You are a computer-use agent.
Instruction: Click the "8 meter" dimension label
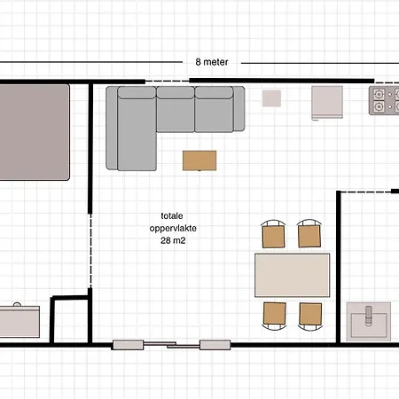point(212,62)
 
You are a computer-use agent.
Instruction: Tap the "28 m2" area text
point(173,240)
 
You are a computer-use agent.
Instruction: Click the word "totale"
point(172,215)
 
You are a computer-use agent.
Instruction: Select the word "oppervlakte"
point(173,228)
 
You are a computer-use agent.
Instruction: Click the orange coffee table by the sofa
point(199,160)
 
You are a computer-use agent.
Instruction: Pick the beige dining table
point(293,275)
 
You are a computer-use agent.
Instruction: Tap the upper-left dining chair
point(273,234)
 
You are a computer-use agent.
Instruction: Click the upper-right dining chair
point(309,233)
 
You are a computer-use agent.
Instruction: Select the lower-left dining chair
point(275,316)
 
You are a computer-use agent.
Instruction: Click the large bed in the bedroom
point(35,132)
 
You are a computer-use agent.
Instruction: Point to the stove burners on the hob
point(384,100)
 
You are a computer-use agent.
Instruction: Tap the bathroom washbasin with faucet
point(369,322)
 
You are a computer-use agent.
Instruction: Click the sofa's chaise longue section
point(137,129)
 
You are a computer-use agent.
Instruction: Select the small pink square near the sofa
point(271,98)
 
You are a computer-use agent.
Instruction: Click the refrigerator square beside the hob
point(327,103)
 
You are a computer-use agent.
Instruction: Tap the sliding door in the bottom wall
point(171,345)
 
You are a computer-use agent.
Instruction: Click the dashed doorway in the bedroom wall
point(90,251)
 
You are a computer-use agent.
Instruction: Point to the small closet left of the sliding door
point(71,320)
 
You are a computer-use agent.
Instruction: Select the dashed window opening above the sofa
point(167,81)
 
